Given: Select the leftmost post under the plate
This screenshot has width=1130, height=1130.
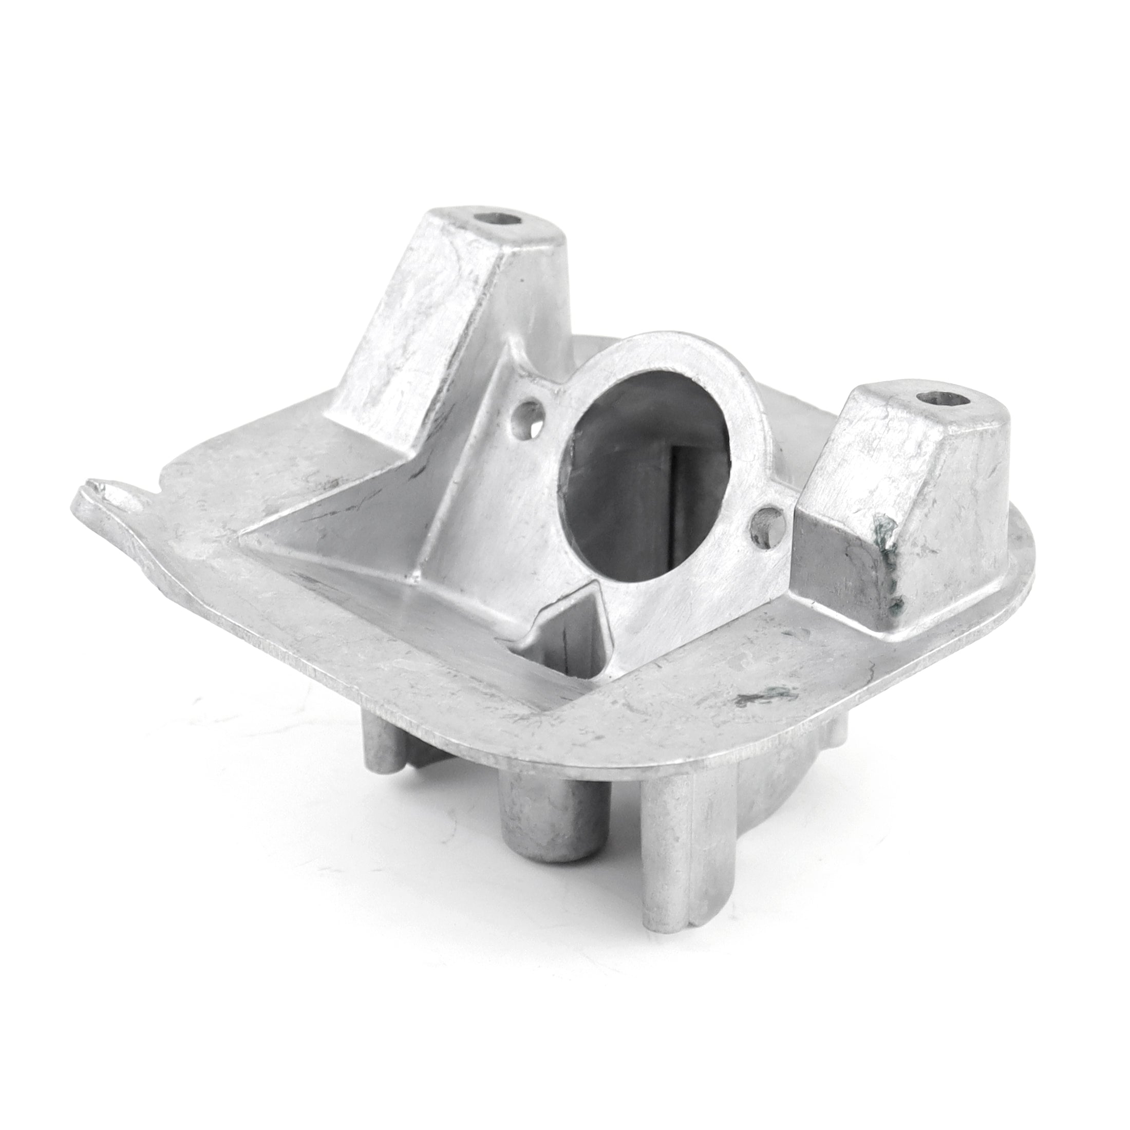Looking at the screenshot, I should (x=380, y=772).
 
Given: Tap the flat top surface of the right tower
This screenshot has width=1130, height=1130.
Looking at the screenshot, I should (x=924, y=421).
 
